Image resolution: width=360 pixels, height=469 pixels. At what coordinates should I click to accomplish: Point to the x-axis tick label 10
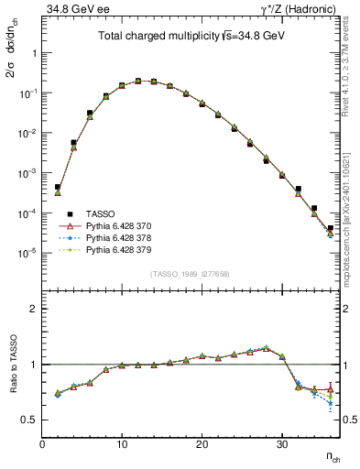point(122,445)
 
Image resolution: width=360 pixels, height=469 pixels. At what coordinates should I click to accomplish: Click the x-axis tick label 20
point(202,445)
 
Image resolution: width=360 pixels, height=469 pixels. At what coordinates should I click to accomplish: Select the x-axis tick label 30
point(281,445)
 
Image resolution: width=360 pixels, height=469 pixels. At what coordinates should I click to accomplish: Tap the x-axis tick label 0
point(42,445)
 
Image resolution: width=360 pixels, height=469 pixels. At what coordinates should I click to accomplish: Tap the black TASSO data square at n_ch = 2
point(58,187)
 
